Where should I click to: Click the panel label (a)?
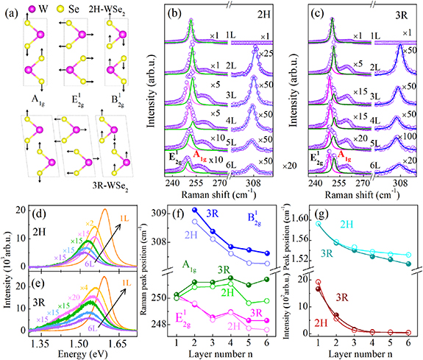10,13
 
